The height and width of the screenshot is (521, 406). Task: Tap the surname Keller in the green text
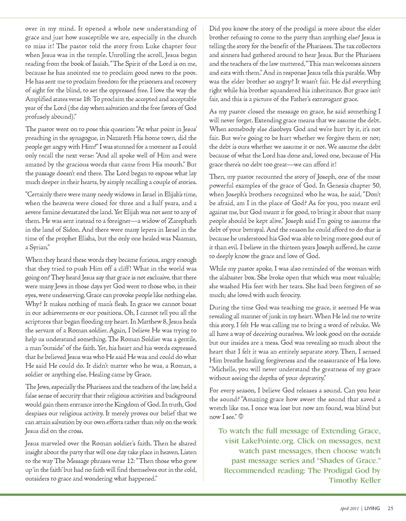point(369,480)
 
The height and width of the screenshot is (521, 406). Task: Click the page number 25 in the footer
point(390,508)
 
